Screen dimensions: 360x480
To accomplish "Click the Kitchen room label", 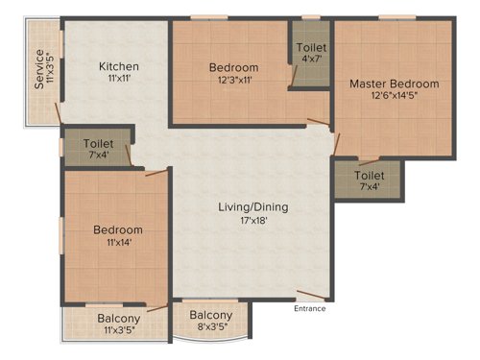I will pyautogui.click(x=120, y=66).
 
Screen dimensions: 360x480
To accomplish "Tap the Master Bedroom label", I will pyautogui.click(x=394, y=84).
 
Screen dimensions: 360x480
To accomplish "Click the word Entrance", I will pyautogui.click(x=309, y=308).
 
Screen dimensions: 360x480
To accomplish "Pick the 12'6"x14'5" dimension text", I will pyautogui.click(x=394, y=97).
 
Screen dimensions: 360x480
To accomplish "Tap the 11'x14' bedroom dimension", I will pyautogui.click(x=117, y=244).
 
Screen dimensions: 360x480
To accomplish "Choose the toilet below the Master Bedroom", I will pyautogui.click(x=370, y=180).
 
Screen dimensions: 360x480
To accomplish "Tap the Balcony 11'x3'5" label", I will pyautogui.click(x=118, y=324).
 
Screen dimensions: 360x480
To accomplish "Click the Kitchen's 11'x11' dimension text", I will pyautogui.click(x=120, y=81).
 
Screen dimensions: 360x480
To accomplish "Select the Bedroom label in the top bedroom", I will pyautogui.click(x=233, y=67).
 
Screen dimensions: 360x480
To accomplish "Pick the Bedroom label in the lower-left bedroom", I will pyautogui.click(x=117, y=230).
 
